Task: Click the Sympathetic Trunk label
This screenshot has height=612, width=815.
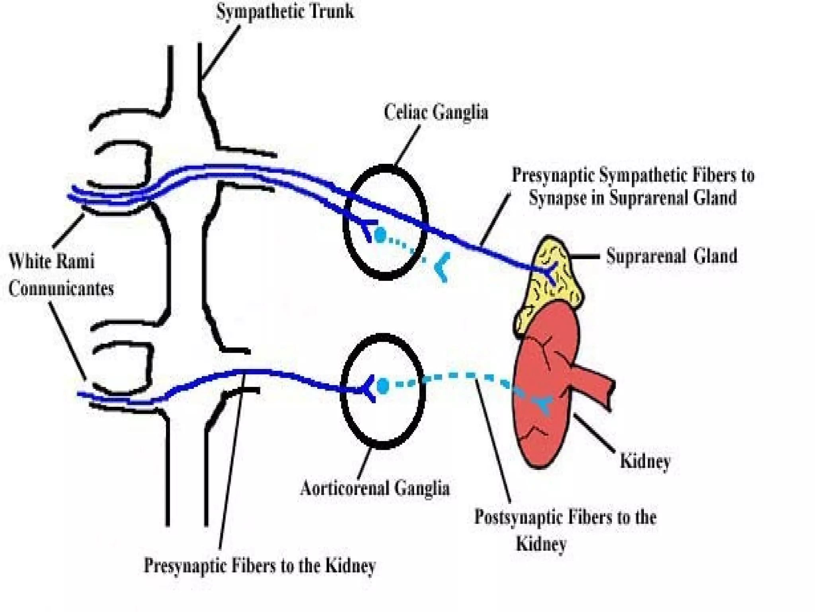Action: (x=285, y=11)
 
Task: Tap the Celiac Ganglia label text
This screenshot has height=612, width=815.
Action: (x=436, y=112)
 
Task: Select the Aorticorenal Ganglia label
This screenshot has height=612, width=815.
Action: (x=375, y=488)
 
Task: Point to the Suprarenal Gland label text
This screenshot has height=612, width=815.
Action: (x=671, y=256)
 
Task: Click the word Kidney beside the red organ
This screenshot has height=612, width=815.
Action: (x=645, y=461)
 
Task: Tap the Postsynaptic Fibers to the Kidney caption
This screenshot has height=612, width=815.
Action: (x=565, y=530)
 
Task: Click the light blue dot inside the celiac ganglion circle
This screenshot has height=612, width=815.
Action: (x=380, y=235)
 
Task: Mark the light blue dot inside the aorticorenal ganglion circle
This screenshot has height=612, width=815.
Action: (x=382, y=385)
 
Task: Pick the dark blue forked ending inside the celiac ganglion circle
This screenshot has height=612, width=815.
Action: (x=368, y=228)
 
